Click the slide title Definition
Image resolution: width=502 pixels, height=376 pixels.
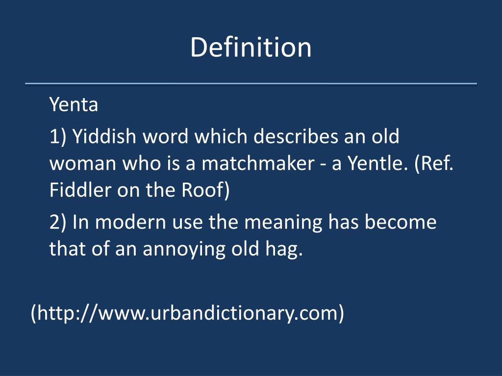tap(251, 47)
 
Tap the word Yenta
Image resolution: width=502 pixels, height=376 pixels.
tap(74, 105)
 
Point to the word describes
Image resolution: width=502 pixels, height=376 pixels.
tap(296, 136)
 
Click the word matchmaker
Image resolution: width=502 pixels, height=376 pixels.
tap(258, 163)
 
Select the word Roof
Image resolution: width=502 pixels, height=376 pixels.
tap(205, 190)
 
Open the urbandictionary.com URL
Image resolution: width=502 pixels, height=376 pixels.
tap(187, 313)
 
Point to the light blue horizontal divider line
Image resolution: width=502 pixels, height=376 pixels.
tap(251, 83)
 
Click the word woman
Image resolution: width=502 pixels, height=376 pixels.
tap(82, 164)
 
